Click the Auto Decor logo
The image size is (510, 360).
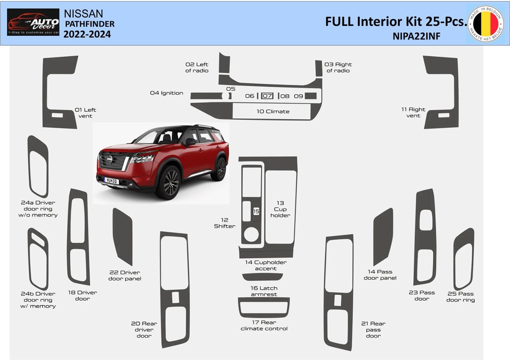33,22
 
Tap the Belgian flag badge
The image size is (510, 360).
485,23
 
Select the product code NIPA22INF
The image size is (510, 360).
416,37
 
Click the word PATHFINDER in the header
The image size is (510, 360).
90,24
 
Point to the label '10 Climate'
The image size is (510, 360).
273,111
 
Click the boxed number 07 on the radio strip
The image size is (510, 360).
267,96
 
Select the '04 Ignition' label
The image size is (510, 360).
167,93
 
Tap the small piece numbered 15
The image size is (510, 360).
256,211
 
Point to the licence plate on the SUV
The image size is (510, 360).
111,181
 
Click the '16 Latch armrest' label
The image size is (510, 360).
264,291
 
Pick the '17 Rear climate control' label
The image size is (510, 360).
264,325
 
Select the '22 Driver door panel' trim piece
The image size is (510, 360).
123,236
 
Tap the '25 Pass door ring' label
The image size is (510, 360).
460,296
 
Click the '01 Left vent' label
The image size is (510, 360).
85,113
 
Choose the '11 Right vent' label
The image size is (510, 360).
413,113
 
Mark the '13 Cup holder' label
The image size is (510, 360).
280,209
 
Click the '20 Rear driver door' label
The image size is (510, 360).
144,329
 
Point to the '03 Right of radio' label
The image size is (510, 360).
338,67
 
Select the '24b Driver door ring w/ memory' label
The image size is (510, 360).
38,299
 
